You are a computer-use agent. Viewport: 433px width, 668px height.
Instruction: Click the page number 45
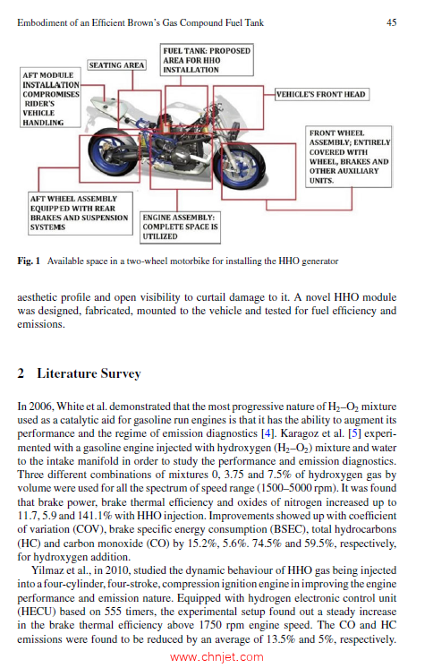pos(391,22)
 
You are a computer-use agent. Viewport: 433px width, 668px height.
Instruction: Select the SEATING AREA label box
pos(116,64)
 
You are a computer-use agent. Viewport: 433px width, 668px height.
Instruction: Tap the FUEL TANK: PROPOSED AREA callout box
pos(207,60)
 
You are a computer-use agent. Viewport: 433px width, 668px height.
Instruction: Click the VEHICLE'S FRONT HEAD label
pos(320,94)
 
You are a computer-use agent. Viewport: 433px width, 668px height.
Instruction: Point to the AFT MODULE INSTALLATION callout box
pos(50,97)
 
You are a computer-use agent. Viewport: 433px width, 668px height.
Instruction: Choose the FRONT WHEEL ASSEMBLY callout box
pos(349,157)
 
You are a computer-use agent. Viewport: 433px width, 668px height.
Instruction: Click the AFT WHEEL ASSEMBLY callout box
pos(80,213)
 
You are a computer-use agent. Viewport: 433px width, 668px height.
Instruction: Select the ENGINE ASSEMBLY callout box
pos(180,227)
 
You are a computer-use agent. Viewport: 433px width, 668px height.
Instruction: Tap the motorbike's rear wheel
pos(114,152)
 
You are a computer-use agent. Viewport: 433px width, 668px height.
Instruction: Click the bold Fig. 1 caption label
pos(29,261)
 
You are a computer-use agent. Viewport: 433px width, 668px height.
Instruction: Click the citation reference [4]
pos(267,433)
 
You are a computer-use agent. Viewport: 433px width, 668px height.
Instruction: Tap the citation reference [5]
pos(354,433)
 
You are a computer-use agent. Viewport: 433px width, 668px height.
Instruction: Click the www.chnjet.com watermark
pos(216,657)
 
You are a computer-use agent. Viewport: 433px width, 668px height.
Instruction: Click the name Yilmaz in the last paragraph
pos(47,570)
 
